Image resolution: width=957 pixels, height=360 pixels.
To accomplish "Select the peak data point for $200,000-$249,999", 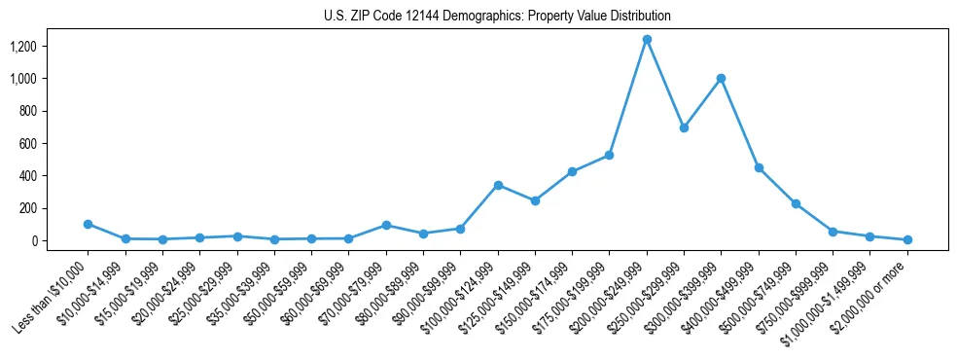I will point(647,39).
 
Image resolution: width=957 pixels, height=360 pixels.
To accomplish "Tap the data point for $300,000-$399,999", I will point(721,78).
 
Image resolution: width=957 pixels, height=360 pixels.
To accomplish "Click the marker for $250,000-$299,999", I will point(684,127).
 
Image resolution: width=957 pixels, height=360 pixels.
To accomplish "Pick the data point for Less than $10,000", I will point(88,224).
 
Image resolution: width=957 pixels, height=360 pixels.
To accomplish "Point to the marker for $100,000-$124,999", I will point(498,185).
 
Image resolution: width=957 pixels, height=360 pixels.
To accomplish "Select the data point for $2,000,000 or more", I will point(907,239).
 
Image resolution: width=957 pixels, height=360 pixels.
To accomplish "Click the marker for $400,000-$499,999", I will point(759,167).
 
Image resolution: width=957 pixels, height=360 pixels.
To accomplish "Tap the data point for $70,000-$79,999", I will point(386,225).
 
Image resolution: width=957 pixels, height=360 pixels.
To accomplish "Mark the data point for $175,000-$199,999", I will point(609,155).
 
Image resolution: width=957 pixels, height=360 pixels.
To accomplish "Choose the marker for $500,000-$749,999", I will point(796,203).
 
